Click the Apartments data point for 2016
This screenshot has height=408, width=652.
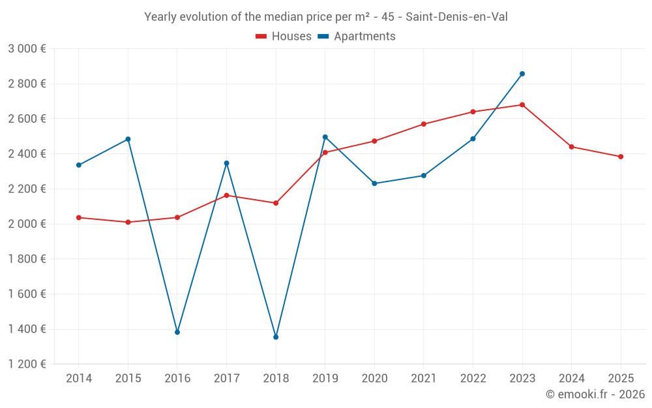click(177, 332)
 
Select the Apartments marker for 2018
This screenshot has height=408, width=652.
click(276, 337)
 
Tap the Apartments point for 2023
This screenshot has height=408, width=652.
click(522, 74)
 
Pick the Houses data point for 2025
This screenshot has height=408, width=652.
click(621, 157)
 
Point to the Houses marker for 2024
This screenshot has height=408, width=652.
click(572, 147)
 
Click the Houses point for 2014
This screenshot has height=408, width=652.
click(79, 217)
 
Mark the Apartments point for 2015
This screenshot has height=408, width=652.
click(128, 139)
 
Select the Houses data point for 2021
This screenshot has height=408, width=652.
click(424, 124)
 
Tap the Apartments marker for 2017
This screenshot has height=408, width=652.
click(226, 163)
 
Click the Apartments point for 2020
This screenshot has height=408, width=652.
click(374, 183)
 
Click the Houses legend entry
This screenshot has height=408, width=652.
click(284, 37)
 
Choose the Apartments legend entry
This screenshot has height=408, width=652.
click(357, 37)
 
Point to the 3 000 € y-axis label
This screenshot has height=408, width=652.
click(27, 48)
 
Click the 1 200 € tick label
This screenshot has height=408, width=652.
click(27, 364)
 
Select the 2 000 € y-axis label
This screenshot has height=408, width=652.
click(27, 224)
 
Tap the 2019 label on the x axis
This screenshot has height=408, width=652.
click(325, 379)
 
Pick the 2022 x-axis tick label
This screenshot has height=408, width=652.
click(473, 379)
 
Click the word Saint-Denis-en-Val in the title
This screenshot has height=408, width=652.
click(456, 17)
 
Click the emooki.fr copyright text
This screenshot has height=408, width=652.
click(595, 394)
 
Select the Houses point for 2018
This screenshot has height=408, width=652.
click(276, 203)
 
